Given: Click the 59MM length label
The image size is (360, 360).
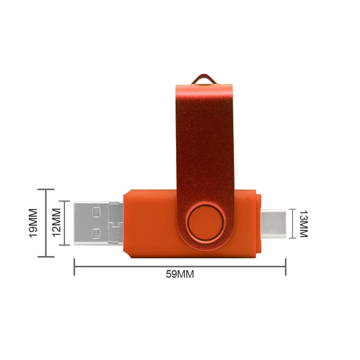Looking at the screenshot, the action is pyautogui.click(x=180, y=274).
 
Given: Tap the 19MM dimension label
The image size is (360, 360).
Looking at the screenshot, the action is pyautogui.click(x=33, y=223).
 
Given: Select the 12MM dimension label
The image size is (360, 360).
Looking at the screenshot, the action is pyautogui.click(x=57, y=222).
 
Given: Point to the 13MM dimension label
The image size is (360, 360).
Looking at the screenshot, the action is pyautogui.click(x=303, y=224).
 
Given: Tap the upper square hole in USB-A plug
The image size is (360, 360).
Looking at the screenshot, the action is pyautogui.click(x=96, y=212).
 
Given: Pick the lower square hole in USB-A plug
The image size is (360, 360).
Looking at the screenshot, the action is pyautogui.click(x=96, y=233).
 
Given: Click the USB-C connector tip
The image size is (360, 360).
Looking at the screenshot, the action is pyautogui.click(x=273, y=224).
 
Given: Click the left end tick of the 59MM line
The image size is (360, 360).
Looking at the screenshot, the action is pyautogui.click(x=74, y=267).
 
